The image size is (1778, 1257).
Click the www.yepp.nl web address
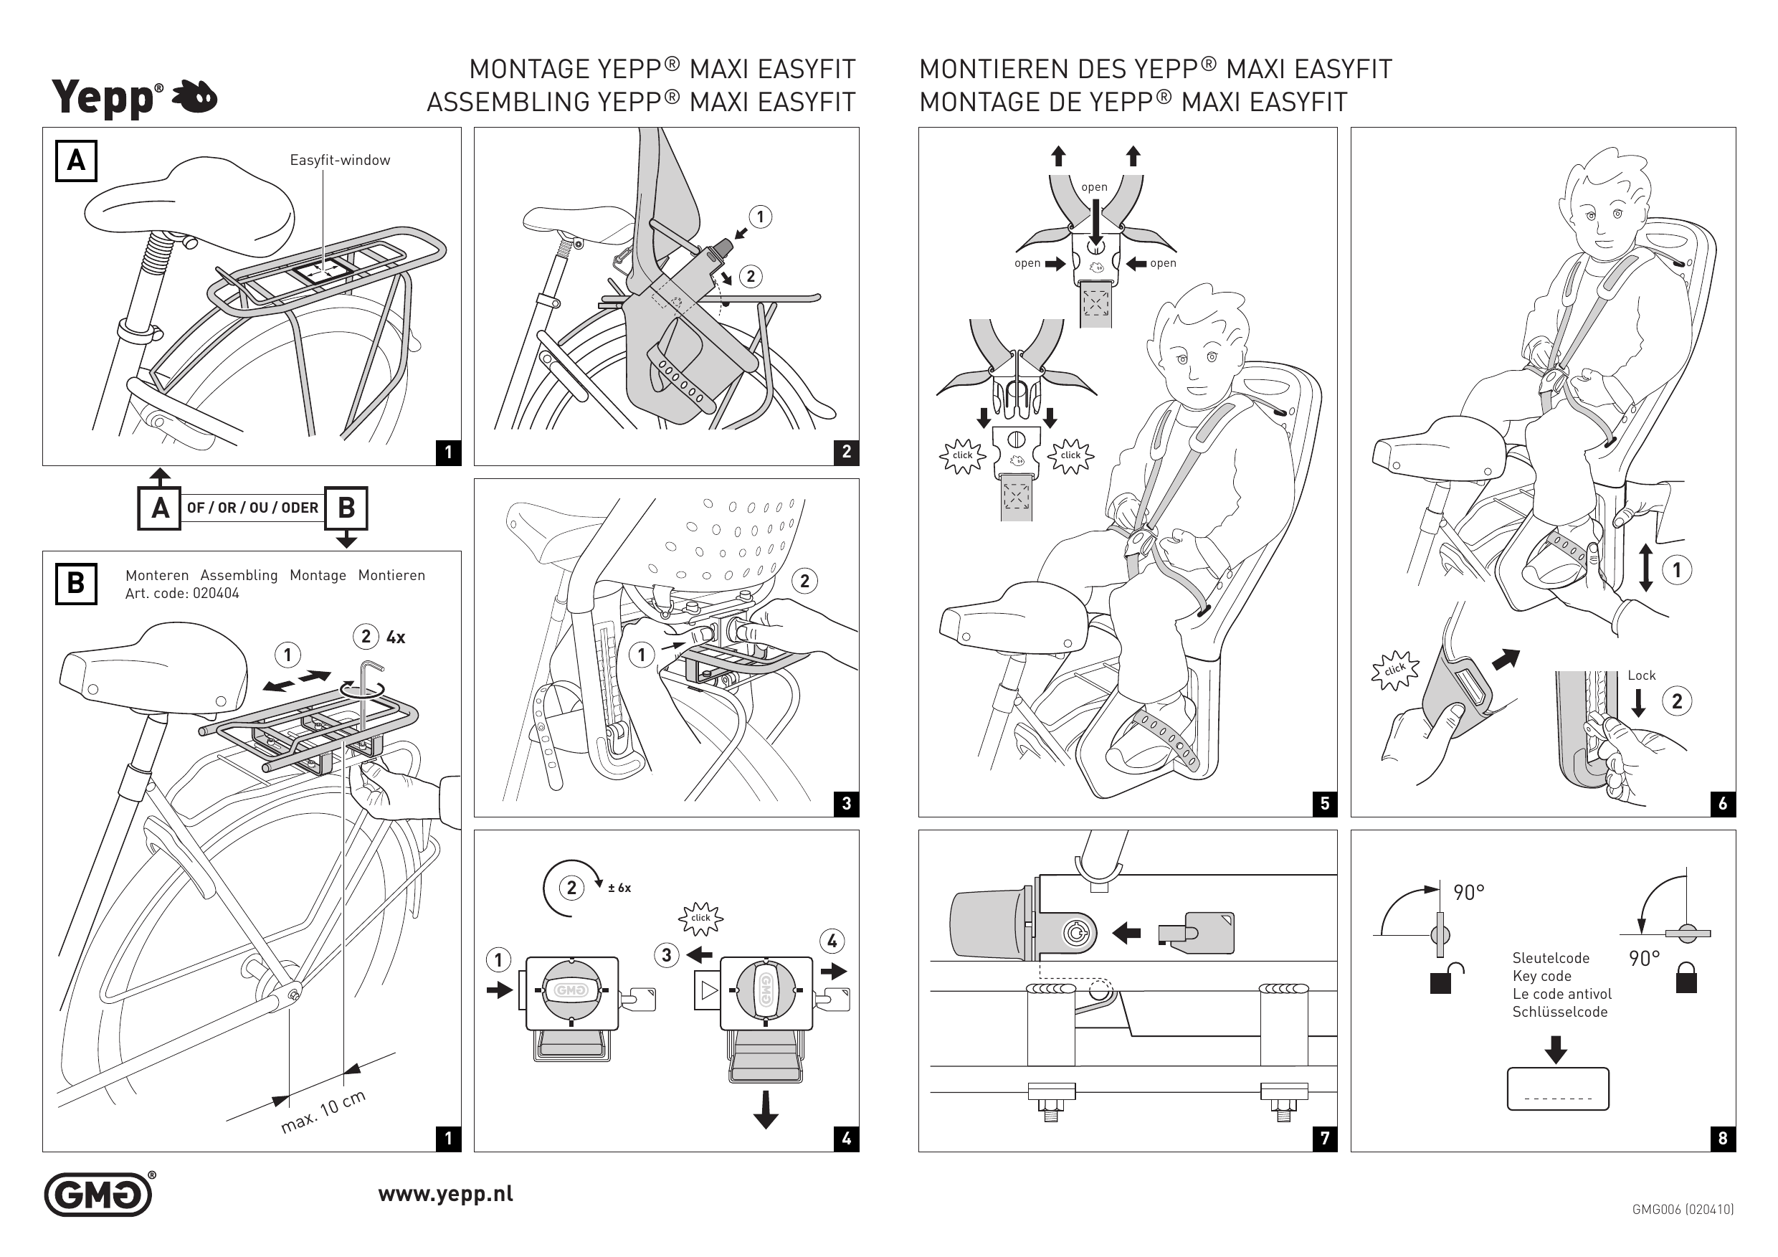pos(445,1193)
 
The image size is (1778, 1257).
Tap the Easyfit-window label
pos(340,161)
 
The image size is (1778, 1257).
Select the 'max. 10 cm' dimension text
pos(323,1112)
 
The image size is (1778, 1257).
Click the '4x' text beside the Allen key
pos(396,637)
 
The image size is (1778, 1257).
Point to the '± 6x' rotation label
pos(619,888)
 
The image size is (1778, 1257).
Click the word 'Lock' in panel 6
pos(1641,675)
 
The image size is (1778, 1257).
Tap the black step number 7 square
pos(1325,1138)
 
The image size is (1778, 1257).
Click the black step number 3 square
pos(847,803)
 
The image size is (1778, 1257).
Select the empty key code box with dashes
pos(1557,1088)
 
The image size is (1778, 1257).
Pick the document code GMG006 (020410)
pos(1683,1209)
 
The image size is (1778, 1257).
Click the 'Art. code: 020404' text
pos(182,594)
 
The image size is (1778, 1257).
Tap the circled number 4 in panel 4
pos(832,941)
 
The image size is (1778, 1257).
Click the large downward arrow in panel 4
pos(765,1109)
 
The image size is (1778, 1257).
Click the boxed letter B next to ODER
pos(346,508)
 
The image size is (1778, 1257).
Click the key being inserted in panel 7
pos(1197,931)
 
